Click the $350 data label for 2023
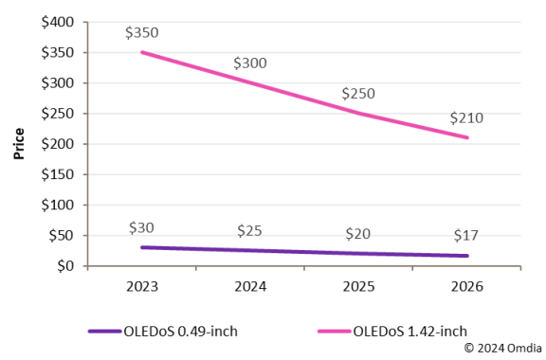(x=141, y=33)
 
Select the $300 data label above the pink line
(x=250, y=63)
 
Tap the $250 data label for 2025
(x=358, y=95)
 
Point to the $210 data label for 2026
(x=466, y=118)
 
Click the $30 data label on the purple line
(x=141, y=228)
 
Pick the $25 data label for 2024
(x=250, y=232)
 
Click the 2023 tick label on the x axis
(x=141, y=286)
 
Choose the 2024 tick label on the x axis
(x=250, y=286)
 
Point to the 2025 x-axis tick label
(x=358, y=286)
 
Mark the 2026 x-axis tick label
(x=466, y=286)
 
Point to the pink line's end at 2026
(x=466, y=137)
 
